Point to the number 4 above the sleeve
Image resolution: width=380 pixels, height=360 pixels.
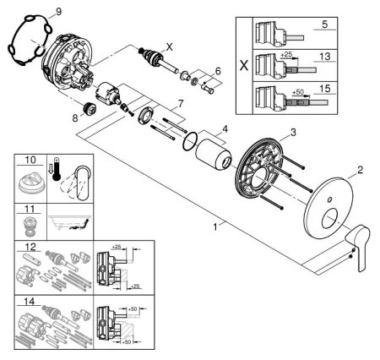(x=224, y=131)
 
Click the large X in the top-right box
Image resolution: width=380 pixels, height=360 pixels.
(x=242, y=63)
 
